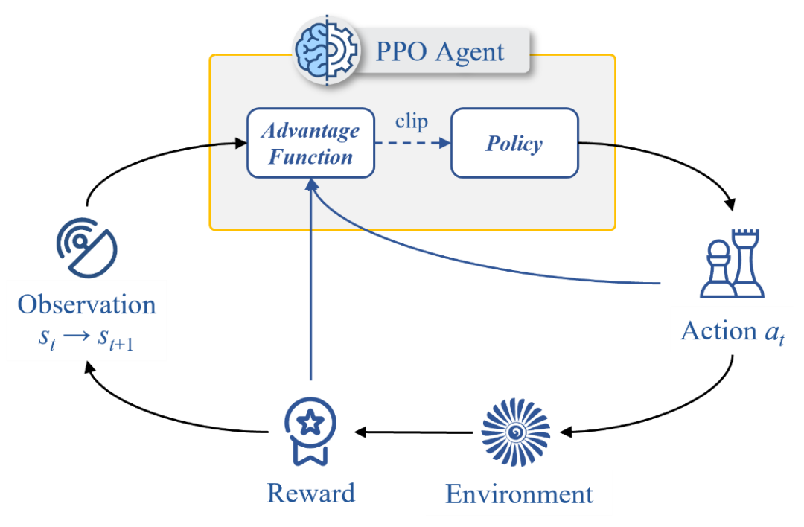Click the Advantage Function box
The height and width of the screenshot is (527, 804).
pos(310,143)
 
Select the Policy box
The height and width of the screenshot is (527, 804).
pos(515,143)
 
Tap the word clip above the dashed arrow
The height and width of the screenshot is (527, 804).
pos(411,121)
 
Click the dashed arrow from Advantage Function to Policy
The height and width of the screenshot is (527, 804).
pos(412,143)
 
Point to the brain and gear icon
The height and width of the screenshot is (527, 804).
pos(327,50)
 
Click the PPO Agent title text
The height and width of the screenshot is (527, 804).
pos(440,52)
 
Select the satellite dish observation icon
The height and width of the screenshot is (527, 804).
pos(86,248)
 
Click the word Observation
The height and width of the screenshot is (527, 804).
pos(86,304)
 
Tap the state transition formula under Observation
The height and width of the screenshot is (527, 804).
pos(86,339)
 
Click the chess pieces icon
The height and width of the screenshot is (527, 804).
pos(732,263)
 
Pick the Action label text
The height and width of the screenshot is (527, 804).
pos(733,332)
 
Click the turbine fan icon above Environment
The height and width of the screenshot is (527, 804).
pos(516,432)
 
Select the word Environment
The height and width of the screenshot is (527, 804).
pos(519,494)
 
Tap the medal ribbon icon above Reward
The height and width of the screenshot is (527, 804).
pos(310,432)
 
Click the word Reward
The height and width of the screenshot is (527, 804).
pos(310,494)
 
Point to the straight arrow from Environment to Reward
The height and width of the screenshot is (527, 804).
pos(414,432)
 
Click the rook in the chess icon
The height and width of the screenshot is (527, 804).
pos(745,263)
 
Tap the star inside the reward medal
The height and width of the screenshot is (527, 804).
pos(310,423)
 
